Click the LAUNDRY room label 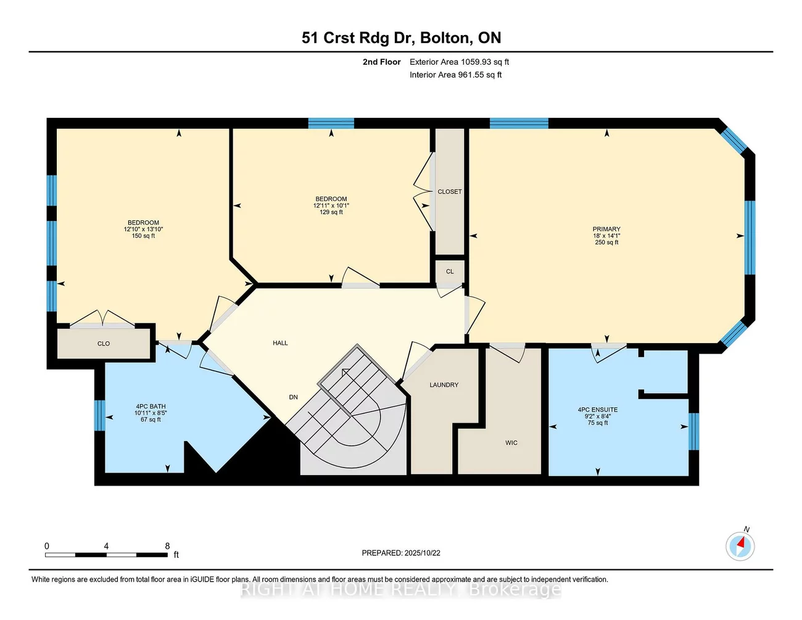pyautogui.click(x=444, y=385)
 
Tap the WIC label pyautogui.click(x=511, y=443)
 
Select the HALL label pyautogui.click(x=280, y=343)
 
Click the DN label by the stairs pyautogui.click(x=293, y=397)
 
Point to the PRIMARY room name pyautogui.click(x=606, y=229)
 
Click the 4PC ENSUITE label pyautogui.click(x=598, y=410)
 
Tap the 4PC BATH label pyautogui.click(x=151, y=407)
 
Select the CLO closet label pyautogui.click(x=104, y=344)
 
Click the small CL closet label pyautogui.click(x=450, y=271)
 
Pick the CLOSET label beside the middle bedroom pyautogui.click(x=450, y=191)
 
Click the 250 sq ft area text pyautogui.click(x=606, y=242)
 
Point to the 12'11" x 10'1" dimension pyautogui.click(x=331, y=205)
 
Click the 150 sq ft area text pyautogui.click(x=143, y=236)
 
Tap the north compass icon pyautogui.click(x=740, y=546)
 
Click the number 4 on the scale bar pyautogui.click(x=106, y=546)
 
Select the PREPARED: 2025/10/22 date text pyautogui.click(x=401, y=553)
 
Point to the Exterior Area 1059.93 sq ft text pyautogui.click(x=459, y=62)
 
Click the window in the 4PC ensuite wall pyautogui.click(x=694, y=431)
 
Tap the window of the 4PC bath pyautogui.click(x=100, y=416)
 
